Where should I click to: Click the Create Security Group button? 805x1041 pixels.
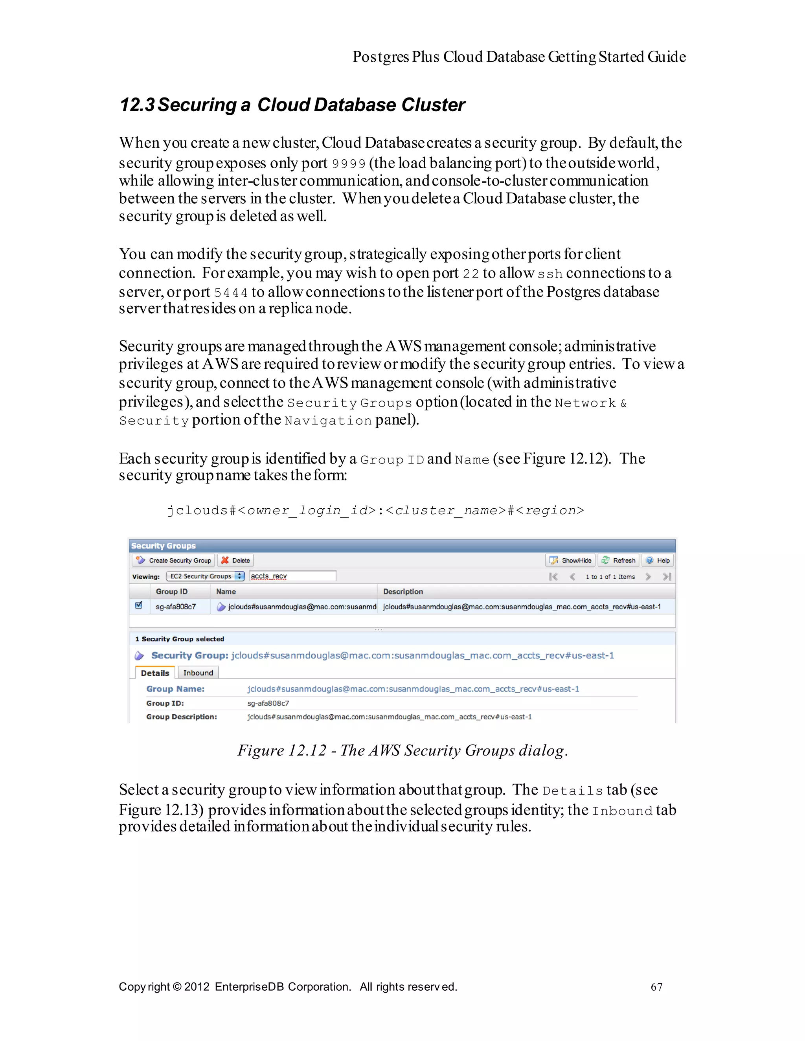pyautogui.click(x=173, y=560)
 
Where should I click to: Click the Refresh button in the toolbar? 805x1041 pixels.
pyautogui.click(x=619, y=560)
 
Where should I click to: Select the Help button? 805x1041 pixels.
pyautogui.click(x=658, y=560)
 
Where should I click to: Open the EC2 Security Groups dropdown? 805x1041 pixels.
pyautogui.click(x=206, y=576)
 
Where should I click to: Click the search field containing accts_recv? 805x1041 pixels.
pyautogui.click(x=292, y=576)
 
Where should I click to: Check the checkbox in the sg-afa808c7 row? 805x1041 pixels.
pyautogui.click(x=139, y=605)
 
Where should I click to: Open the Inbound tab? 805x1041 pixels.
pyautogui.click(x=198, y=673)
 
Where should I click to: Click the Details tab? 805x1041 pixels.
pyautogui.click(x=155, y=673)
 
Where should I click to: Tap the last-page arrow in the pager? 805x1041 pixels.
pyautogui.click(x=667, y=576)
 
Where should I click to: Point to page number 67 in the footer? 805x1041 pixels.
pyautogui.click(x=656, y=986)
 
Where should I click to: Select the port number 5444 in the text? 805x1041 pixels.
pyautogui.click(x=231, y=292)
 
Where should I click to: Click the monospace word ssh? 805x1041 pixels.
pyautogui.click(x=550, y=274)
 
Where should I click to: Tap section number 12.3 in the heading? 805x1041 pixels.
pyautogui.click(x=137, y=105)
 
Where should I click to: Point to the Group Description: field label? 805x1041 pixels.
pyautogui.click(x=182, y=716)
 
